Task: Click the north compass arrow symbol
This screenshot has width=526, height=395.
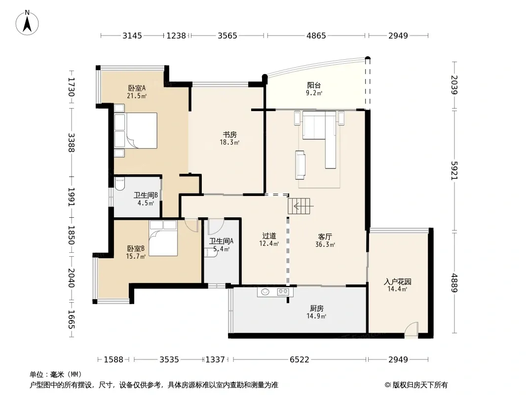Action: tap(27, 24)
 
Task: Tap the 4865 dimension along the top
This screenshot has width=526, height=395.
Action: tap(316, 36)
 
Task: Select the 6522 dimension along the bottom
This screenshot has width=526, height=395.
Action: tap(299, 360)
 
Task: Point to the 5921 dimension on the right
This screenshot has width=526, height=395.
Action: tap(454, 170)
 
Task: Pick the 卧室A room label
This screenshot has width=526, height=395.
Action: tap(137, 88)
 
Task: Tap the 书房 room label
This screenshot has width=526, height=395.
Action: tap(230, 135)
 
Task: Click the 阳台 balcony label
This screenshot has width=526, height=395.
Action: tap(314, 85)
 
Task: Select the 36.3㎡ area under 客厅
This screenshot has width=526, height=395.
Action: tap(325, 244)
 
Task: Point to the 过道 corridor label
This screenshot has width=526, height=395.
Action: tap(269, 236)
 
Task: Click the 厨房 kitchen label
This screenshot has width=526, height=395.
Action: tap(317, 308)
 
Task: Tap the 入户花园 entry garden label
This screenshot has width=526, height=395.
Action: tap(398, 281)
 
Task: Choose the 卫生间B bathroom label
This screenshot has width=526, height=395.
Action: tap(146, 196)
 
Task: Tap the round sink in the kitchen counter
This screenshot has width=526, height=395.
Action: tap(265, 292)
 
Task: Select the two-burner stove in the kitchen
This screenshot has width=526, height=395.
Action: tap(283, 292)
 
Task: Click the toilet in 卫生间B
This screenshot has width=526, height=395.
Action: tap(120, 184)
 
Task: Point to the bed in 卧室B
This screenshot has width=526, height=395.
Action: tap(163, 238)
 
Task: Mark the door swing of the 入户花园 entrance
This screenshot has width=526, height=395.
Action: tap(411, 329)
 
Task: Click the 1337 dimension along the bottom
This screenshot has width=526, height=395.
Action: tap(215, 360)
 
